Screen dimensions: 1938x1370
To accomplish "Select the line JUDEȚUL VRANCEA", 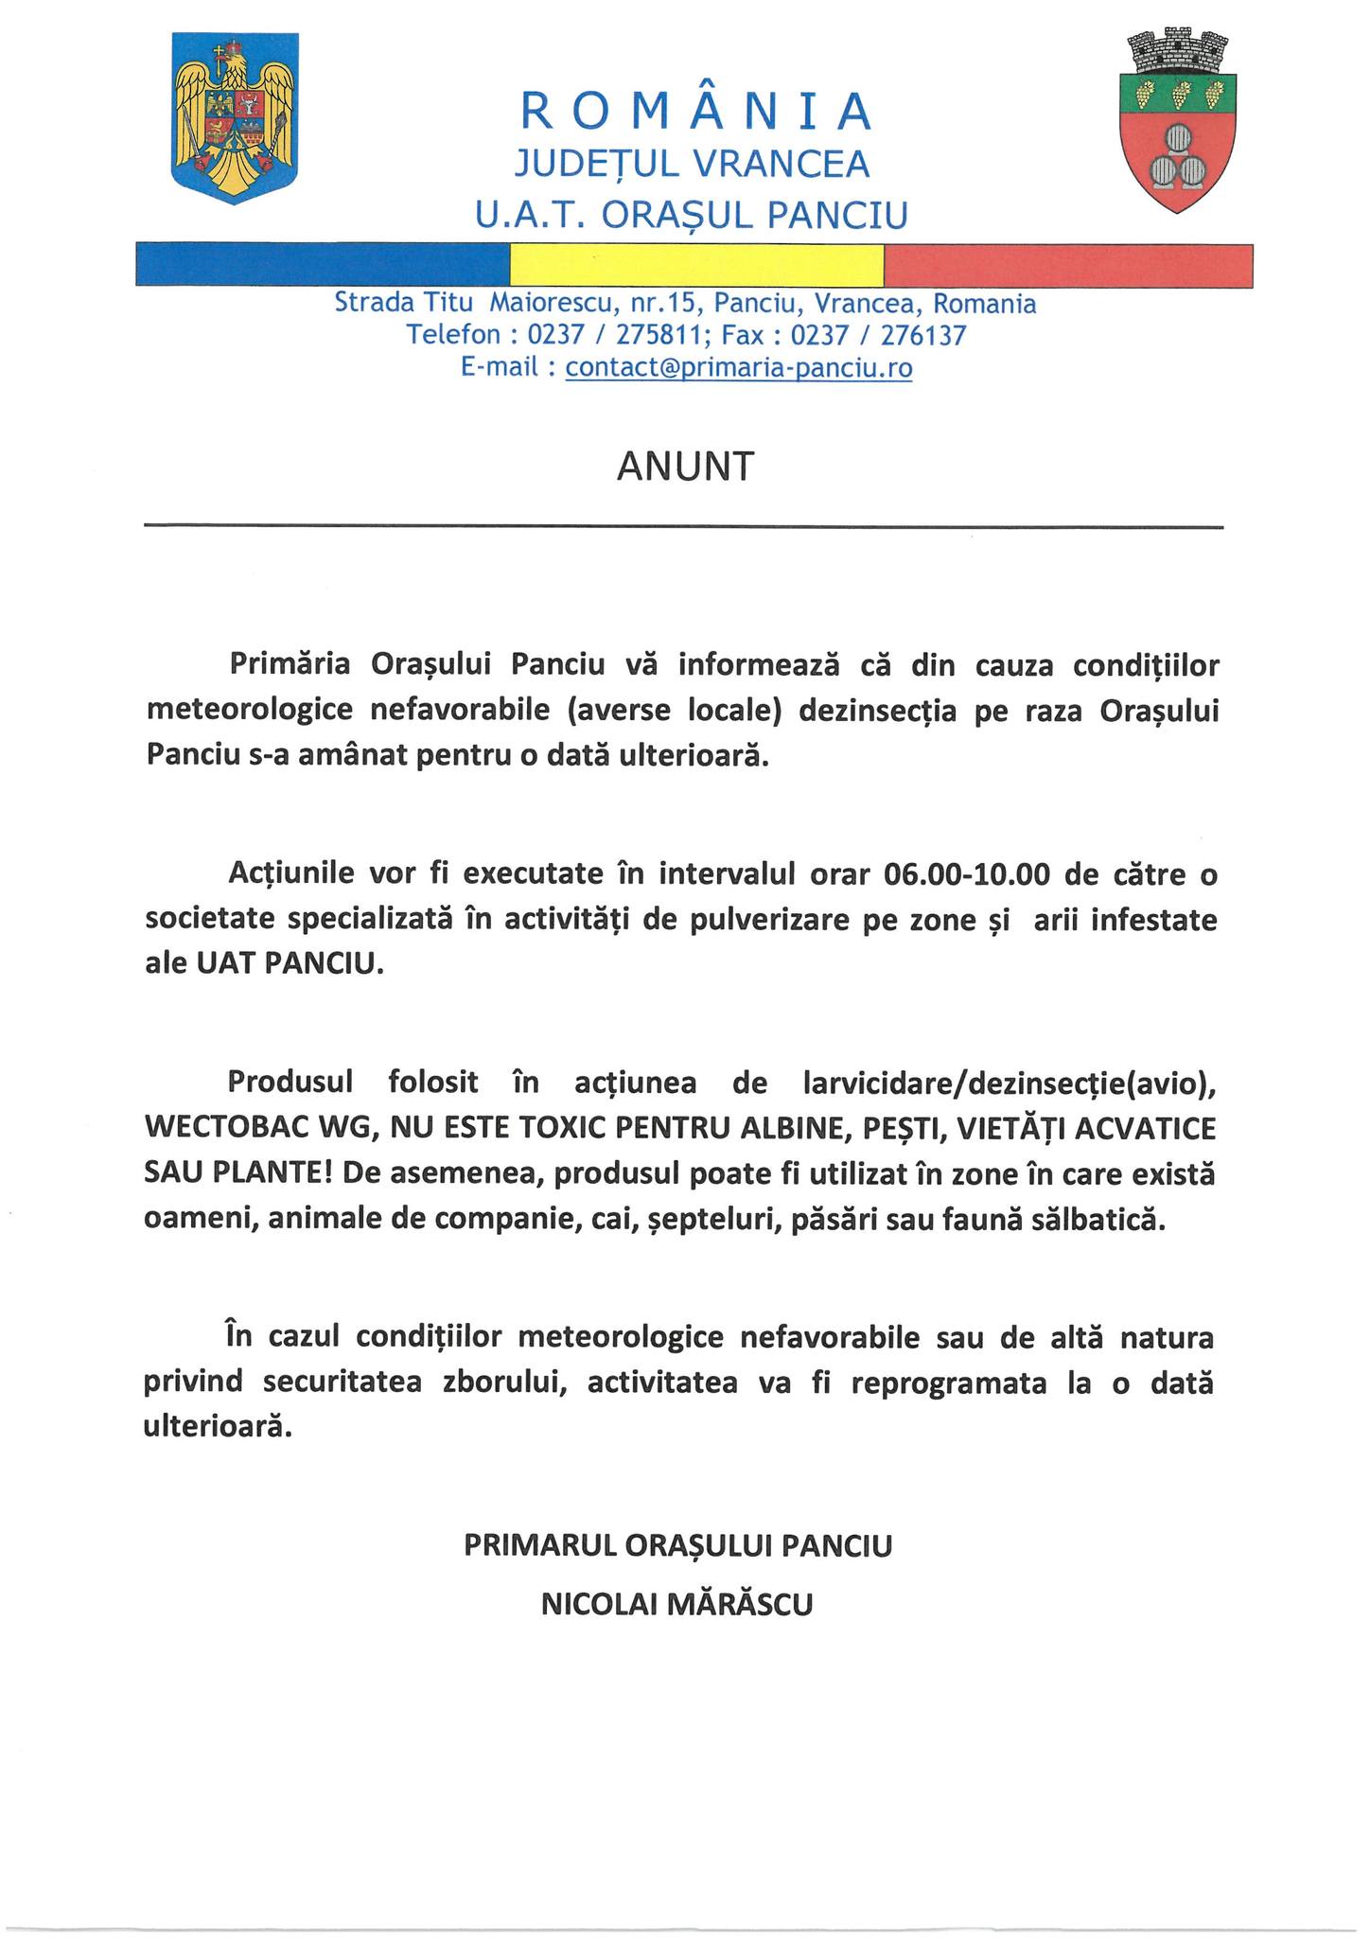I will (x=692, y=165).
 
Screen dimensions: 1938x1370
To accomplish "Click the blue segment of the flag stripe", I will (x=323, y=265).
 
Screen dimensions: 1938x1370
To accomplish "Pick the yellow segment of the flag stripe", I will (x=696, y=265).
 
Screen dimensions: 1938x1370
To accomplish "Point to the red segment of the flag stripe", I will (x=1068, y=265).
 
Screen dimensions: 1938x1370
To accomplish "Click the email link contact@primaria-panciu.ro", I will (x=739, y=367).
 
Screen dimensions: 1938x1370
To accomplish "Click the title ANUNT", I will (x=685, y=467).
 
